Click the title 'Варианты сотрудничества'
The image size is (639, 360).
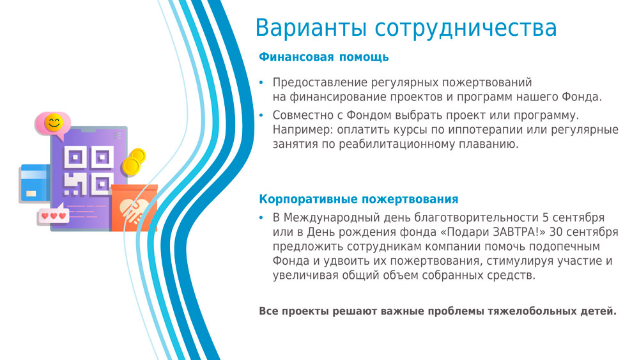[x=406, y=27]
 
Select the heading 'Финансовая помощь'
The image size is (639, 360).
[x=324, y=57]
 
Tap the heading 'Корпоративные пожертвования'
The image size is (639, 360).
[x=358, y=199]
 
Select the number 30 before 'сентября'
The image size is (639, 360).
[x=556, y=232]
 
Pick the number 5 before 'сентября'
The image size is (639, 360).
[x=545, y=217]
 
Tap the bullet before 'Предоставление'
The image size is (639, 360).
[x=261, y=82]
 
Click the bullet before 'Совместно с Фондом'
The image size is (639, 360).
[x=261, y=115]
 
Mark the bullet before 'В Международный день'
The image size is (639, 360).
[x=261, y=218]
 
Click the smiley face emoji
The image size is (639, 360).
[x=54, y=123]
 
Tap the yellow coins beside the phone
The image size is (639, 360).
[x=134, y=162]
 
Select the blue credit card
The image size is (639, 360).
[x=35, y=184]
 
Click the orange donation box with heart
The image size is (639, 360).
[x=134, y=208]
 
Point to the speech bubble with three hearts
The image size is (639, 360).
[x=52, y=215]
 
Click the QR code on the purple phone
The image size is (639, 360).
[x=88, y=171]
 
